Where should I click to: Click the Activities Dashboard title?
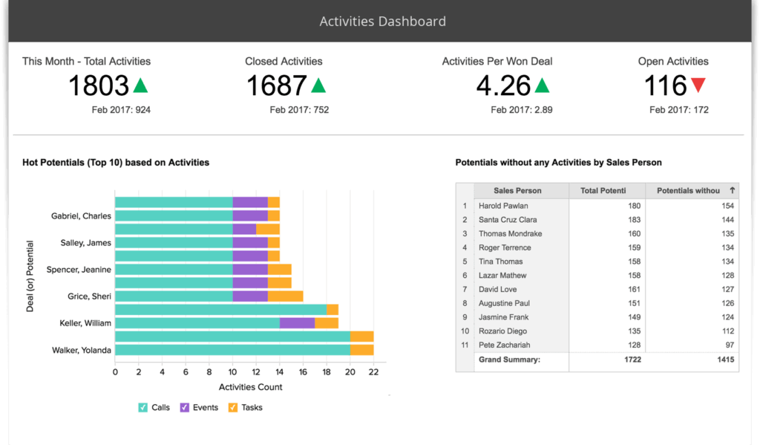(x=382, y=21)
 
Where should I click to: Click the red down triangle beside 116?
(x=698, y=85)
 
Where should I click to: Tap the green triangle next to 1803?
(x=140, y=85)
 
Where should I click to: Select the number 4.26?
(x=503, y=86)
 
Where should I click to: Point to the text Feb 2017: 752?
(x=299, y=110)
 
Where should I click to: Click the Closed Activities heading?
(x=284, y=61)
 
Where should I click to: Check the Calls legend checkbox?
(x=143, y=407)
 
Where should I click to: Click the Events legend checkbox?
(x=185, y=407)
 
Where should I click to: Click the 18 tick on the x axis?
(x=327, y=371)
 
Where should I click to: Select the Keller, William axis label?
(x=85, y=323)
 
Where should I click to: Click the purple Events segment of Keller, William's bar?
(x=297, y=323)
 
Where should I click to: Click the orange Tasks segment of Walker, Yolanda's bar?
(x=361, y=350)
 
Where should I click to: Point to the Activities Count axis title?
(x=250, y=387)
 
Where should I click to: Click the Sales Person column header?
(x=517, y=191)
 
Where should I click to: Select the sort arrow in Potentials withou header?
(x=732, y=191)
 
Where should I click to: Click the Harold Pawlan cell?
(x=505, y=206)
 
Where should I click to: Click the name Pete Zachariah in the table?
(x=505, y=345)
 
